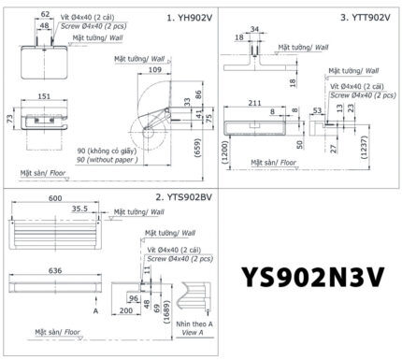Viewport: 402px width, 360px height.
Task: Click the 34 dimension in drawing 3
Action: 254,27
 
